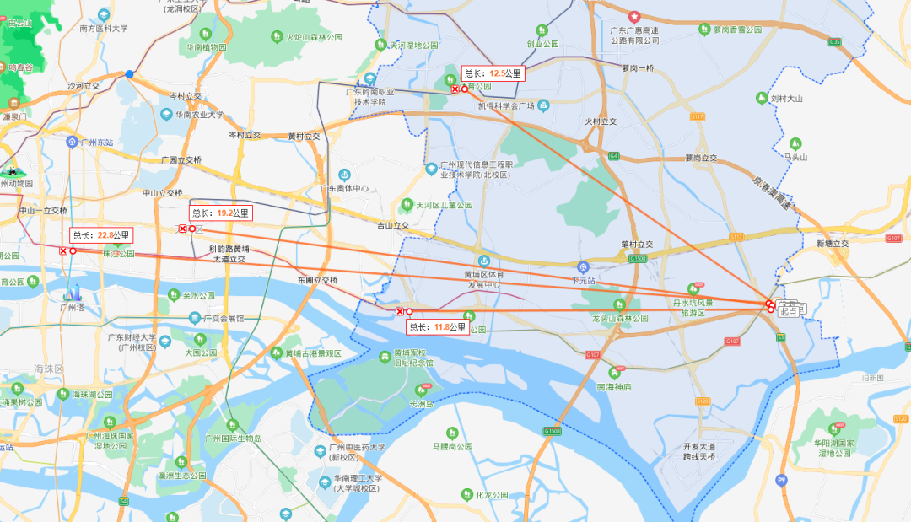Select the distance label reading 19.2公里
(x=221, y=213)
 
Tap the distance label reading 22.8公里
(x=101, y=235)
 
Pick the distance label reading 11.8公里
(x=438, y=326)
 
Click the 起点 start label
(x=790, y=311)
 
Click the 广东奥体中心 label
(x=344, y=188)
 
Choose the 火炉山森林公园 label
(x=314, y=37)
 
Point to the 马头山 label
(x=796, y=157)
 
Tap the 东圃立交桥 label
(x=317, y=279)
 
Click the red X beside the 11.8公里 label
(x=400, y=311)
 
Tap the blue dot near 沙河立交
(x=129, y=74)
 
